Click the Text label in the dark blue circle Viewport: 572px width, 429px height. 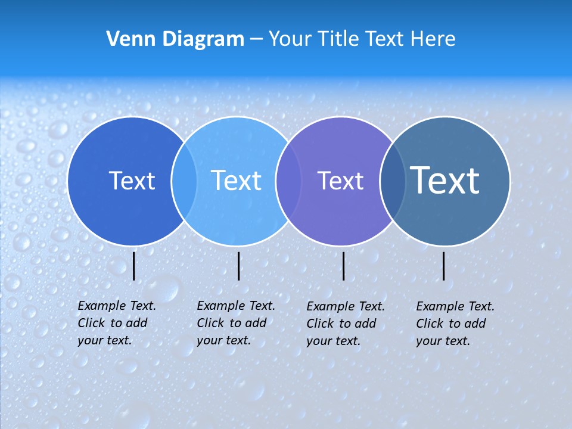click(x=132, y=181)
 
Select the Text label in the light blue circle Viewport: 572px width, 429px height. click(x=237, y=181)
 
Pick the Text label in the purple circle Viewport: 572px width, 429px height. click(x=340, y=181)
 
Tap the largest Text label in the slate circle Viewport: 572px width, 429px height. click(x=445, y=180)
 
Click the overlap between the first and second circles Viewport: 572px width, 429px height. click(x=184, y=181)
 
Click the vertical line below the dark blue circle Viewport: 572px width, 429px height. click(x=134, y=266)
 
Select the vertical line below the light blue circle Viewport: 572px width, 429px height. click(x=239, y=266)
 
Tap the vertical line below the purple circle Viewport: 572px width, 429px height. click(x=344, y=266)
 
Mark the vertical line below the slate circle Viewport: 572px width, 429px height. click(x=444, y=266)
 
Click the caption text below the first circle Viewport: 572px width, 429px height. click(x=117, y=323)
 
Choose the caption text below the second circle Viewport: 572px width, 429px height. click(x=236, y=323)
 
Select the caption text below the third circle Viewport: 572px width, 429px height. click(x=346, y=324)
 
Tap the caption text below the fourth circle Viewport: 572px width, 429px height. click(x=455, y=324)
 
